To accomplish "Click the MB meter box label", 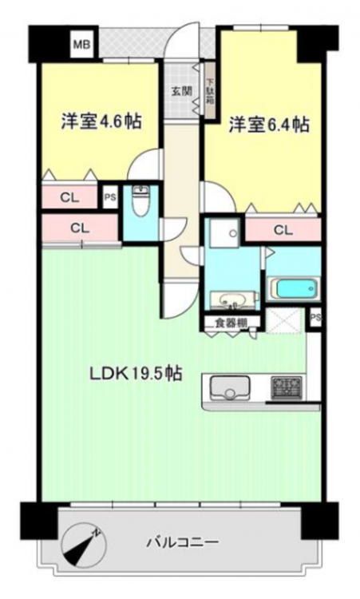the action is pos(81,45).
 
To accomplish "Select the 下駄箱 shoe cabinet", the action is pos(210,91).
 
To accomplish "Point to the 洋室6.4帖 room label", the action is pos(269,125).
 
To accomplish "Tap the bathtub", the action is pos(294,288).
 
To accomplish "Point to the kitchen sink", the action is pos(231,388).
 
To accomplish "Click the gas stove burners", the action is pos(287,387).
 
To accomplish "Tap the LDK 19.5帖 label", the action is pos(136,374).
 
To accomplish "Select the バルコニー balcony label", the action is pos(184,541).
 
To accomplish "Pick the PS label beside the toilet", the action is pos(110,198).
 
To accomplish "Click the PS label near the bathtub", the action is pos(315,317).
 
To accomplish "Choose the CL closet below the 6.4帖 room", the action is pos(283,230).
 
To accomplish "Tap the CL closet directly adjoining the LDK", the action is pos(80,228).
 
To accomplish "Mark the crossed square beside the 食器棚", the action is pos(284,321).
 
